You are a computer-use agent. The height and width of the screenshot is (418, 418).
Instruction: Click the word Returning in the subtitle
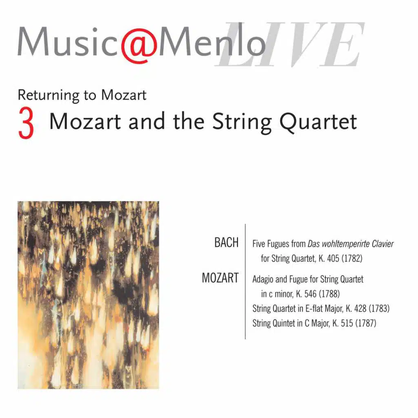(43, 95)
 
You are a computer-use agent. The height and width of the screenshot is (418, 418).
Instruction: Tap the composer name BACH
(227, 242)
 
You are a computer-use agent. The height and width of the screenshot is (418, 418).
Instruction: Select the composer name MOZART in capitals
(220, 278)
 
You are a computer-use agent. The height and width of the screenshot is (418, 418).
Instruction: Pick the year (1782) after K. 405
(351, 258)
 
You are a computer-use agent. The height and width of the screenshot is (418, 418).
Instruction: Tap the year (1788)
(329, 293)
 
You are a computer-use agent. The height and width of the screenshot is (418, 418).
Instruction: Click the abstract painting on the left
(88, 295)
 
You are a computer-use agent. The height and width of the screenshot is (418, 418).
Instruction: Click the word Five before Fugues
(259, 244)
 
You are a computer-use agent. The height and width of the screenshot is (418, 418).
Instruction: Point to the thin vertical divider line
(245, 282)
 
